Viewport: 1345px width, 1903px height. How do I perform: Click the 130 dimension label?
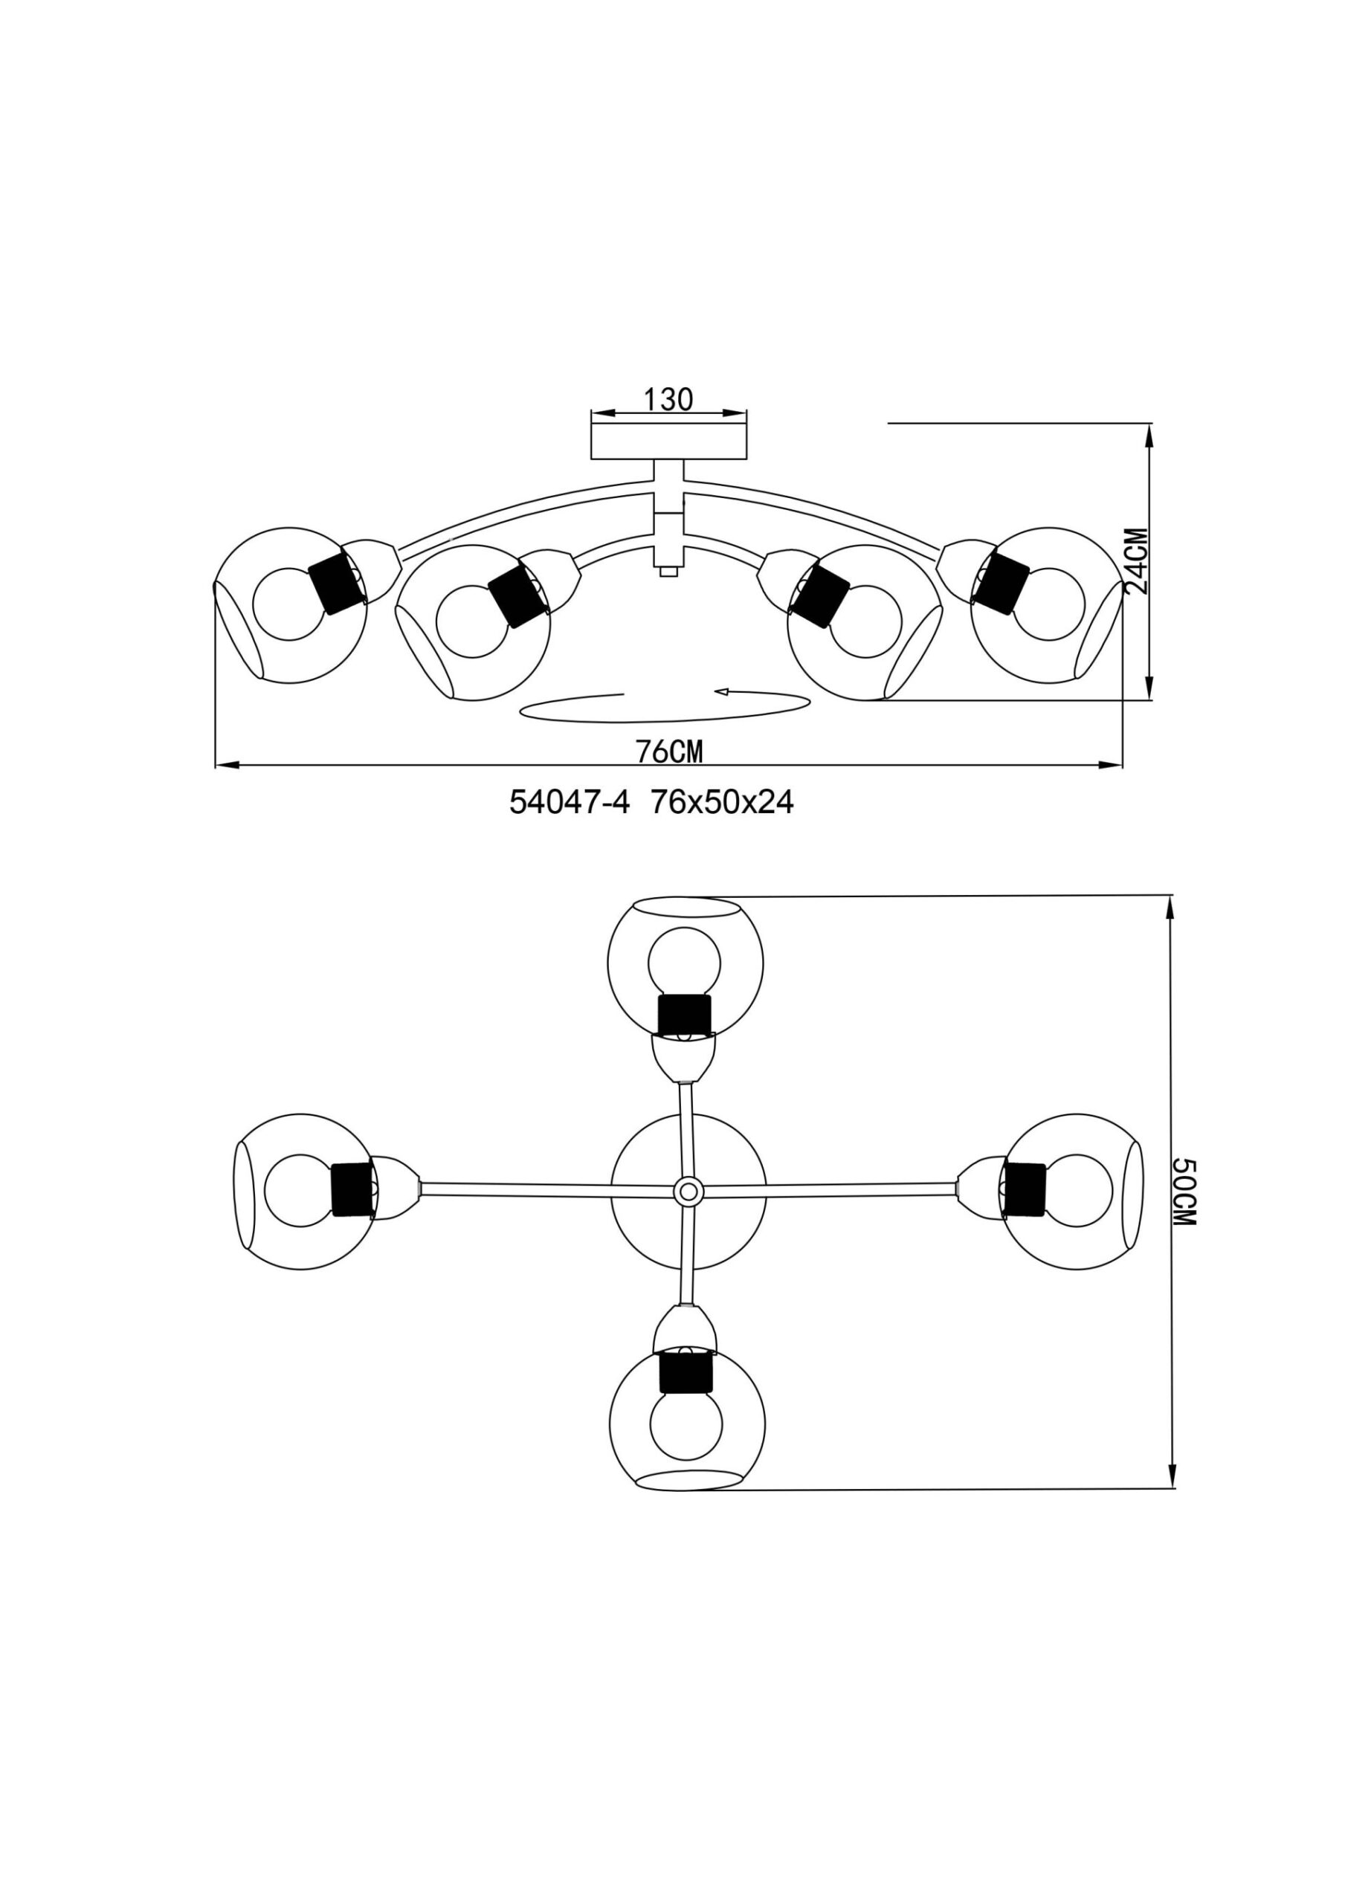(668, 399)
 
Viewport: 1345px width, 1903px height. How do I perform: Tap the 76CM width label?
(668, 752)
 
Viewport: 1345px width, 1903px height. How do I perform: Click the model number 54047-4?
(570, 802)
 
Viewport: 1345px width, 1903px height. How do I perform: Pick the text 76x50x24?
(722, 802)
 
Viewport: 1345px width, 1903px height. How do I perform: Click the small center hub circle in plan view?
(686, 1192)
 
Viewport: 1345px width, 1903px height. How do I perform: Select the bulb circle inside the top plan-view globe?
(684, 961)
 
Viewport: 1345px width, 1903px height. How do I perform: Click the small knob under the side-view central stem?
(668, 571)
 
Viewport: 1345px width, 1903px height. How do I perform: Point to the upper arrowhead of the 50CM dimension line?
(1171, 908)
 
